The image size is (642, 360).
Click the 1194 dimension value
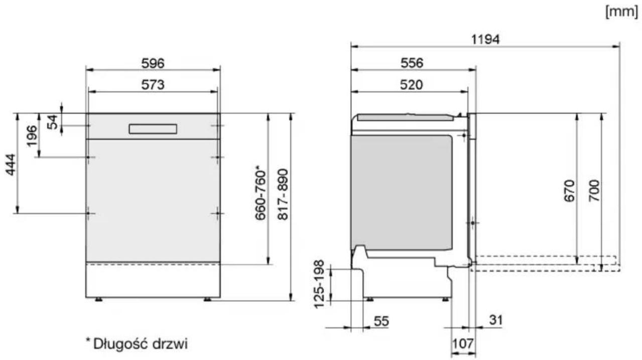485,39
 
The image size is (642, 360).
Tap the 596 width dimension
153,63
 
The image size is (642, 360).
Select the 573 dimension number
153,85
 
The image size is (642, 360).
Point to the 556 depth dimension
412,63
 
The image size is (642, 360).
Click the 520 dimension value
411,85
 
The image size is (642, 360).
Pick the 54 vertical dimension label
52,123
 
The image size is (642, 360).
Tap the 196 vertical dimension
32,136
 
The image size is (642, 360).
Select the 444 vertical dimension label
11,165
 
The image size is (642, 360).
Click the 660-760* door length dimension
261,193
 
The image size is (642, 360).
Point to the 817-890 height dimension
283,194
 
